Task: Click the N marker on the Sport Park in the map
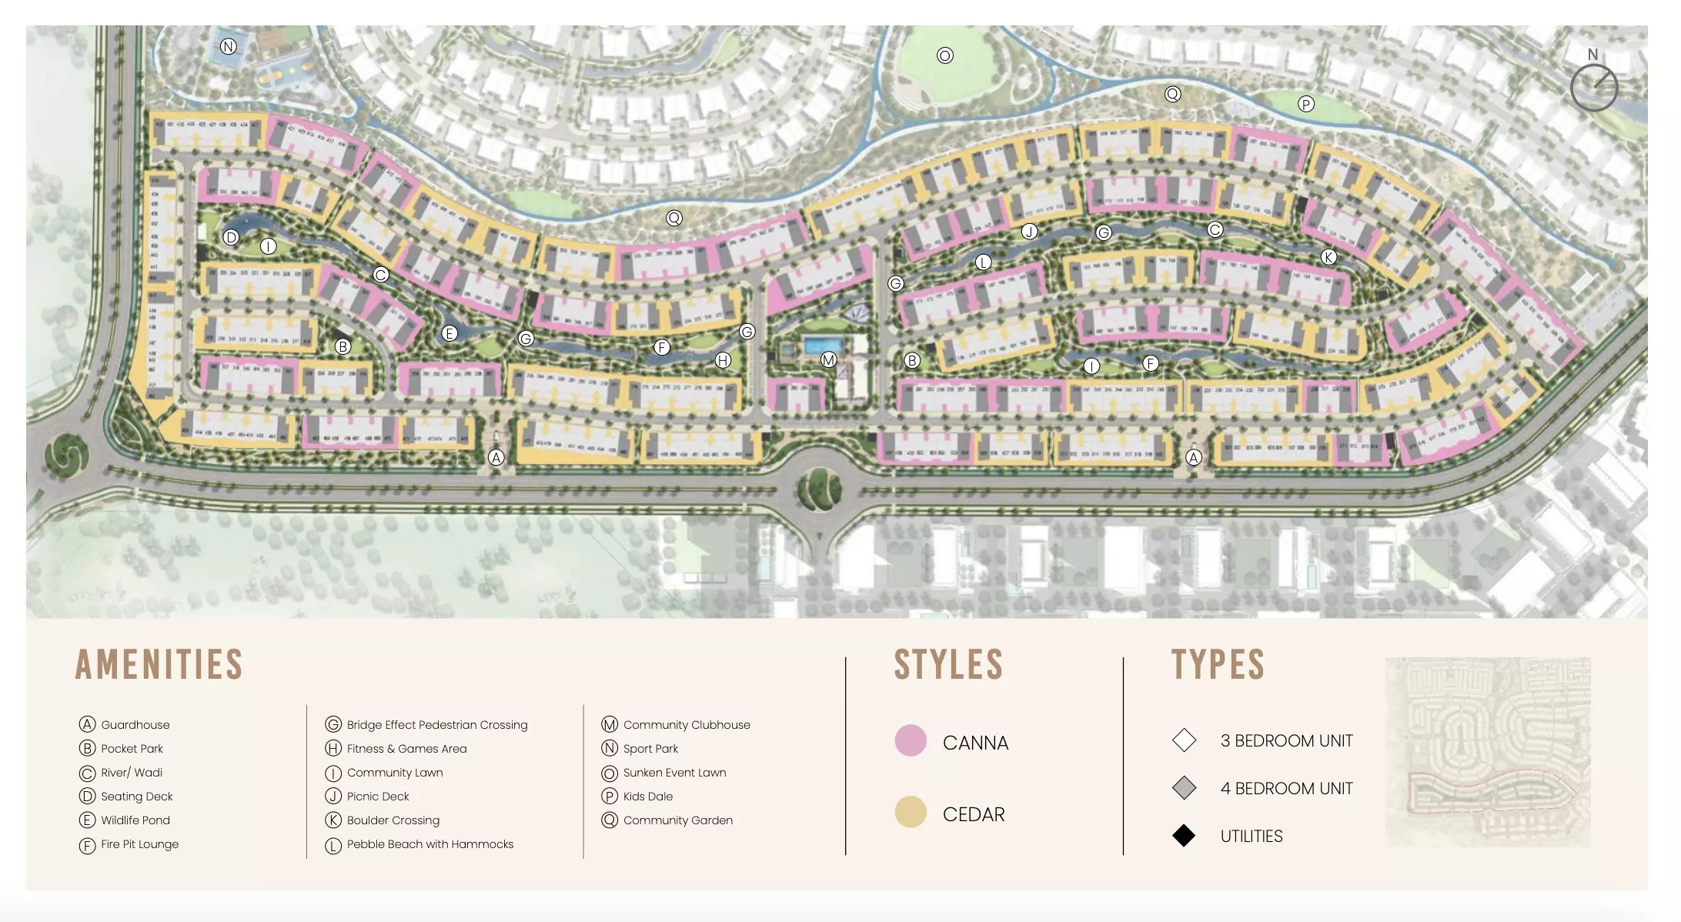pyautogui.click(x=229, y=46)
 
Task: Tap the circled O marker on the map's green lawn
pyautogui.click(x=945, y=55)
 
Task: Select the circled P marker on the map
pyautogui.click(x=1306, y=104)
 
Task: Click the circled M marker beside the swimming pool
pyautogui.click(x=828, y=359)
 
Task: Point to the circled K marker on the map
pyautogui.click(x=1328, y=257)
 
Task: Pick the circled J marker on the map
pyautogui.click(x=1029, y=232)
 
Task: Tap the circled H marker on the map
pyautogui.click(x=722, y=359)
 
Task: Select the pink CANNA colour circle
pyautogui.click(x=911, y=740)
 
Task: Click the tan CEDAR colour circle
pyautogui.click(x=911, y=812)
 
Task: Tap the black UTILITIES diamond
pyautogui.click(x=1184, y=836)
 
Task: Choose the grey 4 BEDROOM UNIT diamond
pyautogui.click(x=1184, y=788)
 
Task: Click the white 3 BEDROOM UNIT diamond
pyautogui.click(x=1184, y=740)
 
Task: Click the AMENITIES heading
pyautogui.click(x=159, y=665)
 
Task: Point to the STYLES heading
pyautogui.click(x=948, y=665)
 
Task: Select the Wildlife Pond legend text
pyautogui.click(x=135, y=820)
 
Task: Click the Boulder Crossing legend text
pyautogui.click(x=393, y=820)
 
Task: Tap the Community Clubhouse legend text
pyautogui.click(x=687, y=725)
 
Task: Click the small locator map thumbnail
pyautogui.click(x=1488, y=752)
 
